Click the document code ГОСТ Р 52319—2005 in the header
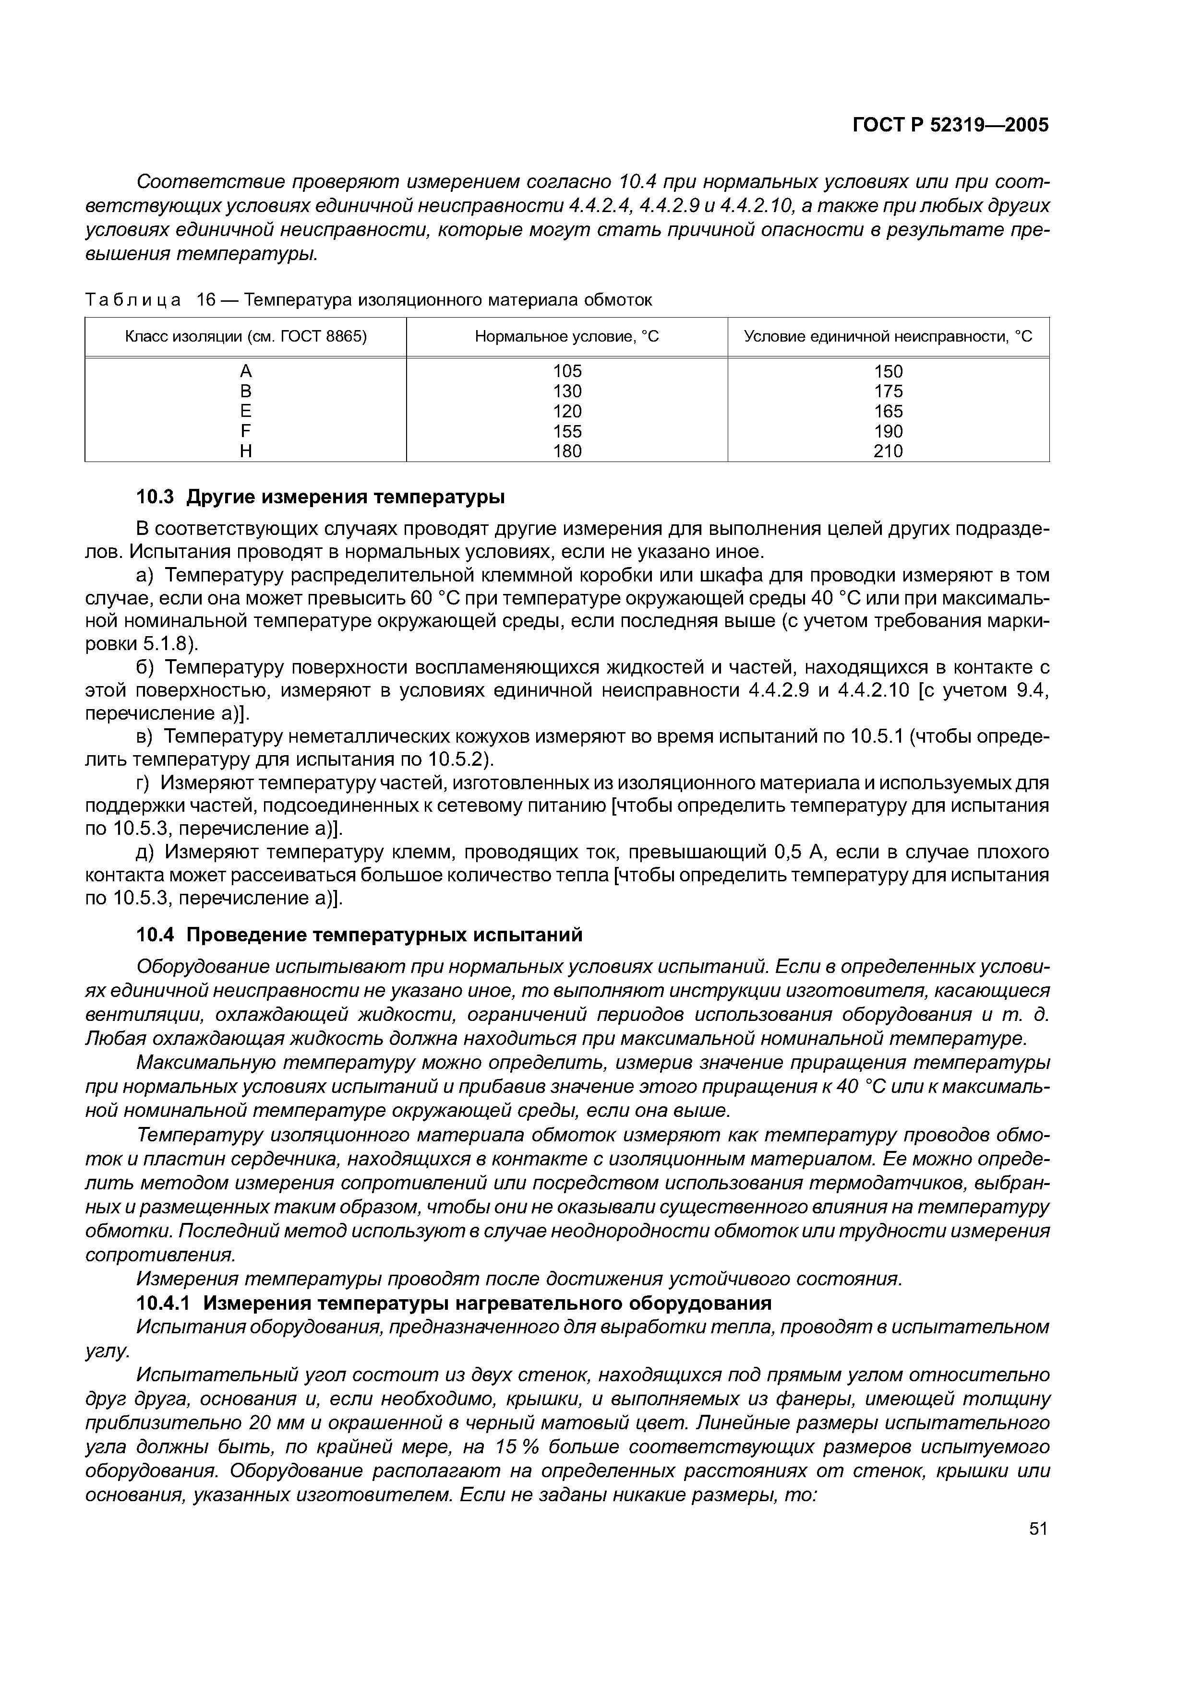click(x=950, y=125)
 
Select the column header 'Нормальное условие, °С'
click(x=567, y=336)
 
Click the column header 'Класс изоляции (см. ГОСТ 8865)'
click(x=246, y=336)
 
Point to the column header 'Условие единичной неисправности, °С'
click(x=888, y=336)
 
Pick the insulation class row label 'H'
click(x=246, y=451)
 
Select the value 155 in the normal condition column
click(x=567, y=432)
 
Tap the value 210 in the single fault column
click(x=888, y=451)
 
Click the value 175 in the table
click(x=888, y=391)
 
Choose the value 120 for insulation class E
click(x=567, y=411)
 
